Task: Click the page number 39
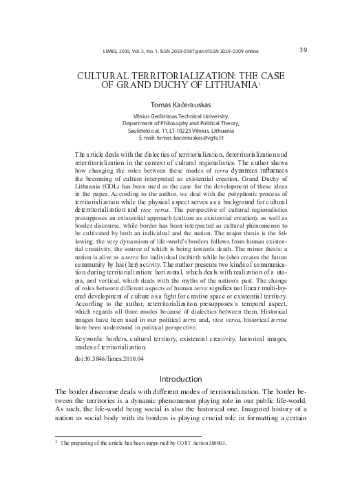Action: [304, 50]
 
